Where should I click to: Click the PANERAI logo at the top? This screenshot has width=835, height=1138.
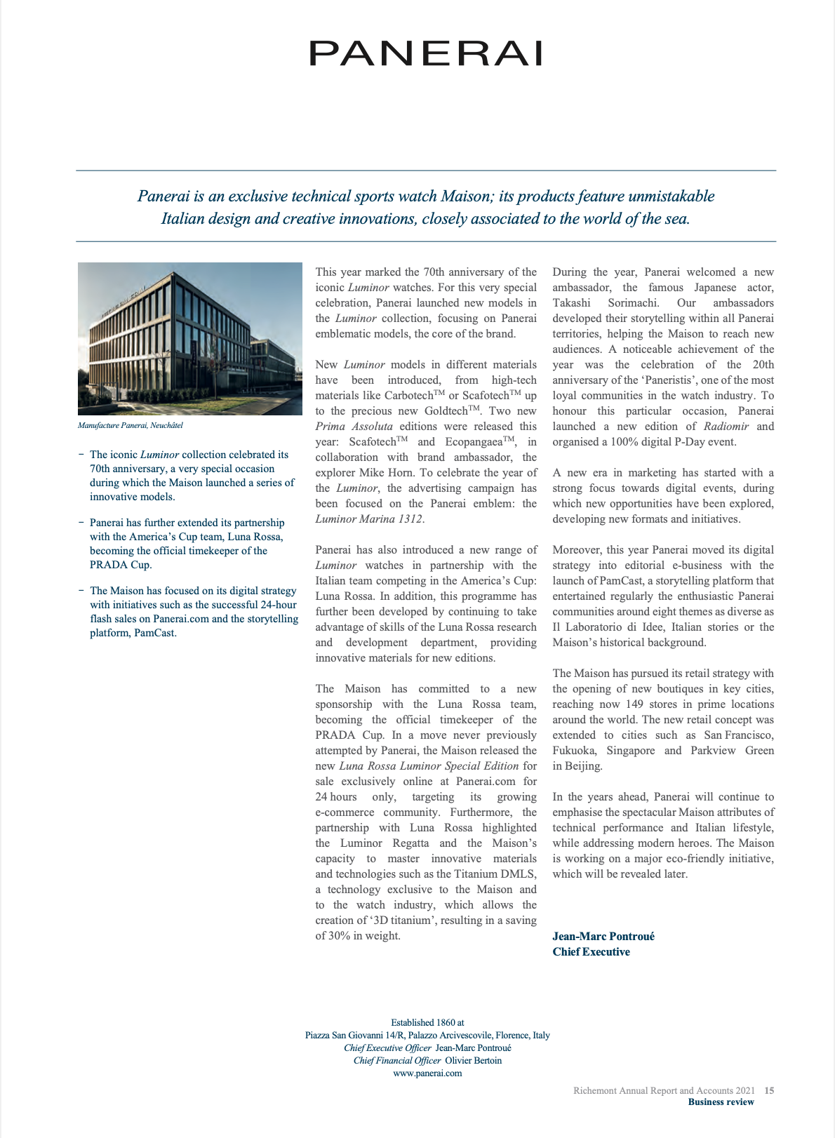coord(426,53)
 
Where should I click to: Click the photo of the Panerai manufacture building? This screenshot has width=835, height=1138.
coord(189,339)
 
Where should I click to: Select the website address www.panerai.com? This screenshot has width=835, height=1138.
coord(427,1073)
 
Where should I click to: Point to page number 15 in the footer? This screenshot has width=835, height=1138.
coord(770,1091)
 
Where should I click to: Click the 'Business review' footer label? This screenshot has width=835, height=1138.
coord(721,1102)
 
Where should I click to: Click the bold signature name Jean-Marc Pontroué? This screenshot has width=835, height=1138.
coord(603,937)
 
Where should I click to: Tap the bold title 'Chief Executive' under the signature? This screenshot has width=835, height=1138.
coord(592,952)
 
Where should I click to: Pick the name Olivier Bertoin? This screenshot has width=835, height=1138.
coord(474,1060)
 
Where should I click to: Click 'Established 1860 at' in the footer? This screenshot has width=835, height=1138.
coord(427,1022)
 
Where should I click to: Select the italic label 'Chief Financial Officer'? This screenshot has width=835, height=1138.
coord(392,1060)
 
